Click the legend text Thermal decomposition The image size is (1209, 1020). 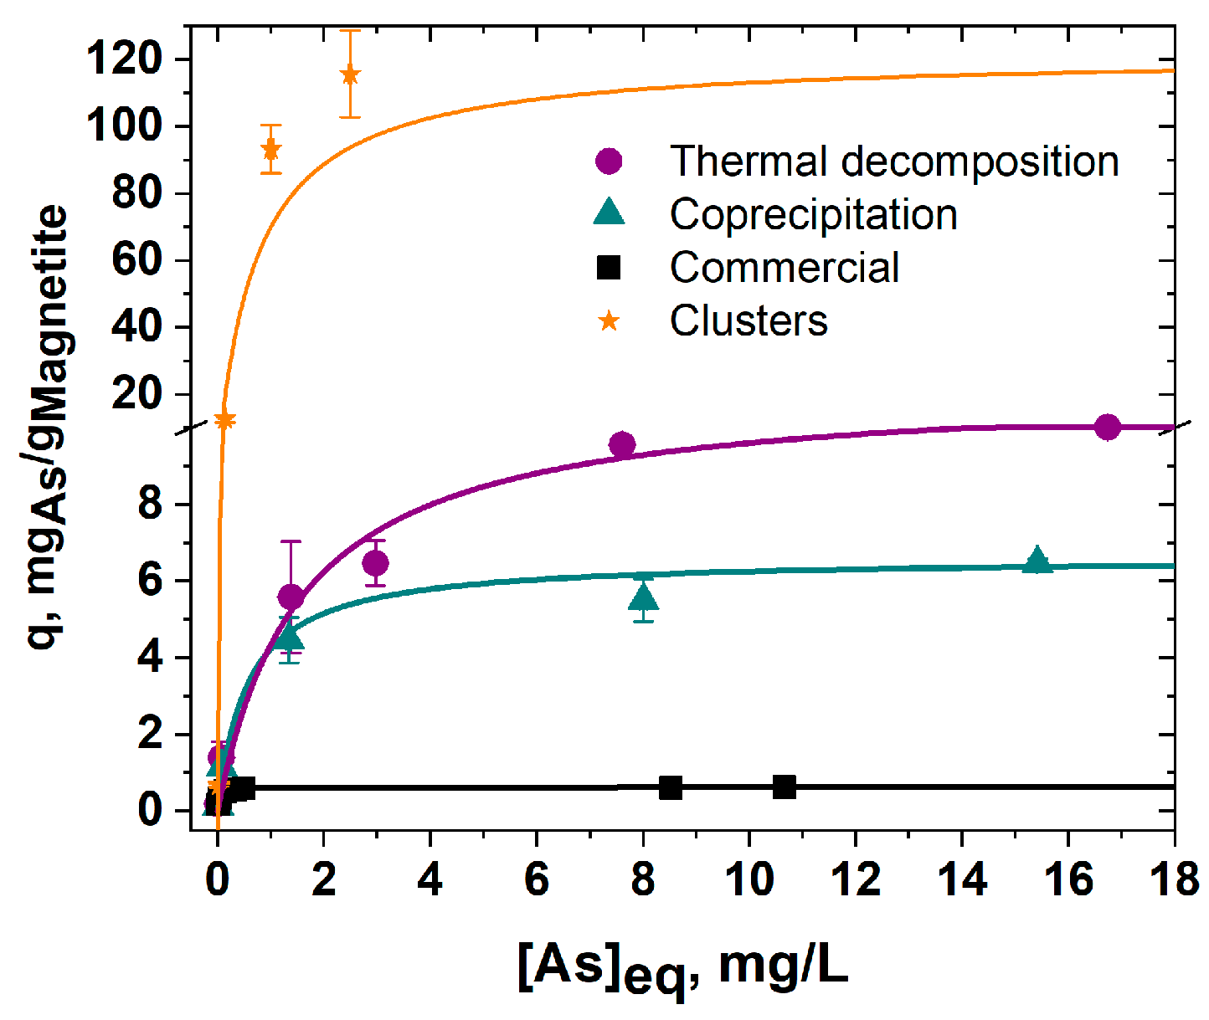tap(893, 161)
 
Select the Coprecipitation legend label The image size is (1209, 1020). tap(813, 215)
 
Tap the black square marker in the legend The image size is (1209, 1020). tap(609, 268)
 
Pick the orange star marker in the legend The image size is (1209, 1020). tap(609, 320)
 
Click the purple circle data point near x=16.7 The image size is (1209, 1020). tap(1107, 427)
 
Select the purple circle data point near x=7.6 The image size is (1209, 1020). tap(621, 444)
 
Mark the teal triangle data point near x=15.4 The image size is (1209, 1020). tap(1037, 561)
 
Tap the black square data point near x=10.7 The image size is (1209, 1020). tap(785, 787)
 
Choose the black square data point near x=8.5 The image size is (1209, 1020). tap(670, 787)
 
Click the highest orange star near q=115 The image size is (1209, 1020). tap(350, 75)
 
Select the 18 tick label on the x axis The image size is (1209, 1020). tap(1174, 880)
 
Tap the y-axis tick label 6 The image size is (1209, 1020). tap(152, 582)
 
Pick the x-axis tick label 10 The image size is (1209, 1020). tap(749, 880)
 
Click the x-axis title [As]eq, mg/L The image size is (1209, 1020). tap(682, 969)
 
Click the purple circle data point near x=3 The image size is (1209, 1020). tap(375, 563)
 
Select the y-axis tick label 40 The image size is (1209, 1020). tap(139, 327)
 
